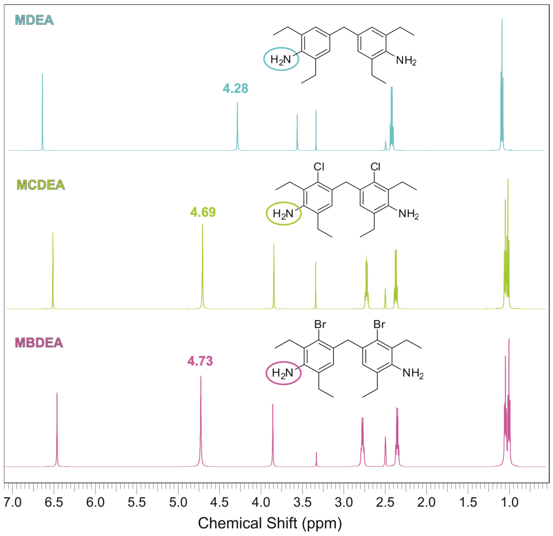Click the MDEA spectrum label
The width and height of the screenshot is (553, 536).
[x=34, y=20]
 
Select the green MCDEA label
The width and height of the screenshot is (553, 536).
[x=41, y=185]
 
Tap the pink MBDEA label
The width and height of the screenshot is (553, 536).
[x=39, y=343]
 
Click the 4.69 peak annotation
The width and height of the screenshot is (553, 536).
[x=203, y=212]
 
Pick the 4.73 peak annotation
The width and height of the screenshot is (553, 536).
[x=200, y=361]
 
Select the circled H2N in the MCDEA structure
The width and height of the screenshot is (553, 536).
[x=283, y=214]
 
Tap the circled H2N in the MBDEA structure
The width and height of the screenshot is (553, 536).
[x=283, y=373]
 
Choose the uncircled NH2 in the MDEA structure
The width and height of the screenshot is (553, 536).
[x=406, y=60]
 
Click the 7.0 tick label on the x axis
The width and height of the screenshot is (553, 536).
[x=13, y=502]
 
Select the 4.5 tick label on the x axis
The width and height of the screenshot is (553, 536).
[x=220, y=502]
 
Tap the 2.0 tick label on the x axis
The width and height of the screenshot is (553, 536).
[x=426, y=502]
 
